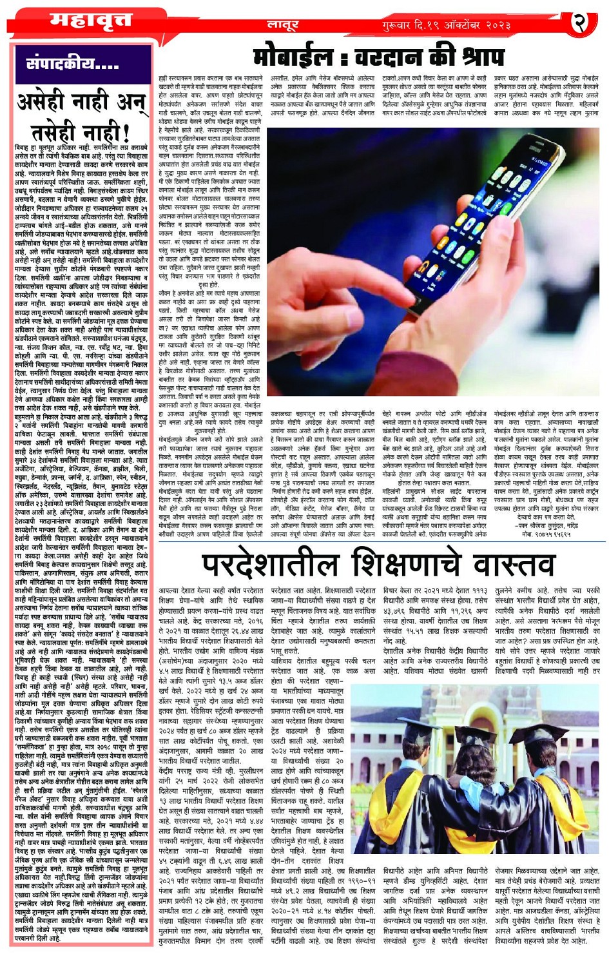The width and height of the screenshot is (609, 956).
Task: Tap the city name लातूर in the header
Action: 283,25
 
